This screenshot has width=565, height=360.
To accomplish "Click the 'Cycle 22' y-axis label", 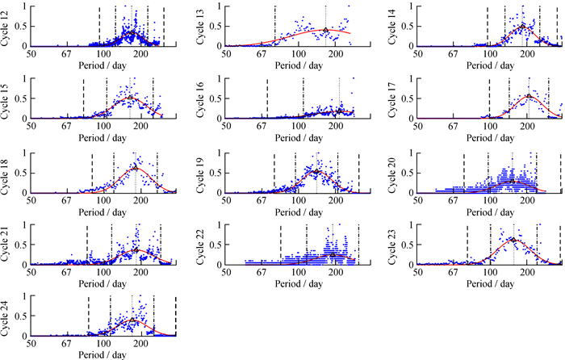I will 199,243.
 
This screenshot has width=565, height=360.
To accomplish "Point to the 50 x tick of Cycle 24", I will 31,343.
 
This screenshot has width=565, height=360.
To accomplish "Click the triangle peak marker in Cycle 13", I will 325,30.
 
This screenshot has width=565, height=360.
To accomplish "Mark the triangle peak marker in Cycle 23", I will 513,239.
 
